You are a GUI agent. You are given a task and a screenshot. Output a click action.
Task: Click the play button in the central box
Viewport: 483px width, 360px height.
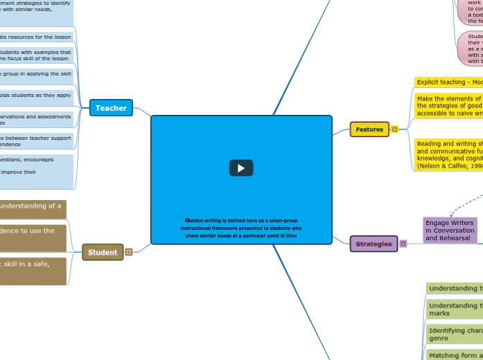[x=241, y=168]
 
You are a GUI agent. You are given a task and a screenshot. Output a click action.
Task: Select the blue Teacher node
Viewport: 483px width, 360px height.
[x=111, y=108]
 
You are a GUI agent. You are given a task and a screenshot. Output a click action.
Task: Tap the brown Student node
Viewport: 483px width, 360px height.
[x=103, y=253]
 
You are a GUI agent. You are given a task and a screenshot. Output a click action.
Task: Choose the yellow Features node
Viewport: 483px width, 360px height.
[x=369, y=129]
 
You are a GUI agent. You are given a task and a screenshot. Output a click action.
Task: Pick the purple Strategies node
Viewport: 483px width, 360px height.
[x=374, y=244]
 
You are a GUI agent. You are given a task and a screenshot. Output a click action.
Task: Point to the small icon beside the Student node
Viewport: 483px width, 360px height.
[x=129, y=253]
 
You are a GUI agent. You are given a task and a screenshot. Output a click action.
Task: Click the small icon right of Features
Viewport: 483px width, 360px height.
[x=395, y=129]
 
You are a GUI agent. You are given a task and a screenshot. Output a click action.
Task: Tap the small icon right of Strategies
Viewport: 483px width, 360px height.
[x=403, y=244]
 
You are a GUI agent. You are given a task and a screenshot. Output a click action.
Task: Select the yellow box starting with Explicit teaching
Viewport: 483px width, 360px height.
[x=449, y=82]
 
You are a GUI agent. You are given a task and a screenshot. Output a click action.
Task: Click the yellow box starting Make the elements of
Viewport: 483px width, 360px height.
[x=449, y=107]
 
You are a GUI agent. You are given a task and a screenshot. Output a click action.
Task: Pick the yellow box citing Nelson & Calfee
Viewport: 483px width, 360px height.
[x=449, y=154]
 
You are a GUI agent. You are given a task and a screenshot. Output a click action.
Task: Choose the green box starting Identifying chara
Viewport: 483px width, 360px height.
[x=454, y=335]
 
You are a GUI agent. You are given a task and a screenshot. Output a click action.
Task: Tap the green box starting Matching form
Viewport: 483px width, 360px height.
[x=454, y=355]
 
